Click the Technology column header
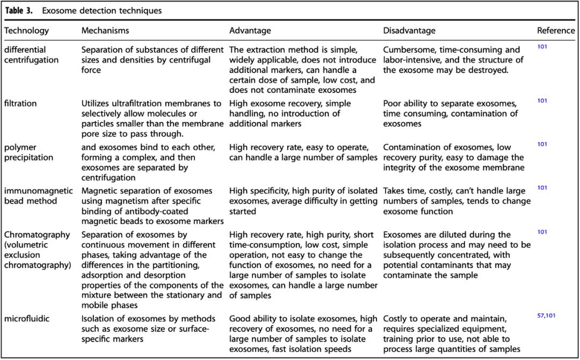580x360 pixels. coord(26,31)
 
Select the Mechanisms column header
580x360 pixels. coord(105,31)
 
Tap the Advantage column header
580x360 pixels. coord(250,31)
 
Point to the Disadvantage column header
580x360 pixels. coord(409,31)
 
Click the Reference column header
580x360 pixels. coord(556,31)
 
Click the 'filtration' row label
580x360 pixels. coord(21,104)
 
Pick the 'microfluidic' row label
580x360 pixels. coord(27,319)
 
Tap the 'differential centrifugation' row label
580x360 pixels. coord(31,55)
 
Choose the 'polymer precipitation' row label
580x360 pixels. coord(28,153)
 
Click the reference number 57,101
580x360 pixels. coord(546,315)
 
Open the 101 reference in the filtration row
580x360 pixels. coord(542,100)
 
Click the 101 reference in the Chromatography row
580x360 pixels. coord(542,232)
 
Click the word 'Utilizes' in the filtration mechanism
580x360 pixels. coord(97,104)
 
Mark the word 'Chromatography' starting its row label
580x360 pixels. coord(37,235)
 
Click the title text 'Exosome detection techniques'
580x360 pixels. coord(102,10)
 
